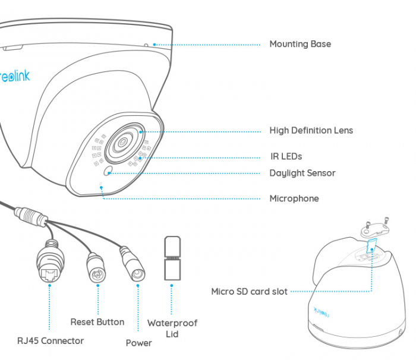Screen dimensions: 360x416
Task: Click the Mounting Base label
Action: click(x=300, y=44)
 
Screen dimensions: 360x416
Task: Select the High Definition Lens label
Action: click(x=311, y=131)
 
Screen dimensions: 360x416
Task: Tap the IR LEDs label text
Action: click(x=285, y=157)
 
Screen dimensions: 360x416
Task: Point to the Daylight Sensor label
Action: click(x=302, y=173)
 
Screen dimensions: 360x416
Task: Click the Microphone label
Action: click(x=294, y=199)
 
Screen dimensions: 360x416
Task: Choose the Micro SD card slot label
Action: click(x=249, y=292)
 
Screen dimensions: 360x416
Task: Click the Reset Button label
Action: click(x=97, y=322)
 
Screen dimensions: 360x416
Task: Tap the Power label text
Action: click(x=138, y=343)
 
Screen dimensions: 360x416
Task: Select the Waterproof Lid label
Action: click(x=172, y=329)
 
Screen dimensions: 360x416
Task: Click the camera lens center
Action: click(x=124, y=143)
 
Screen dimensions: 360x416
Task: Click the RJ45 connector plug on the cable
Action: click(x=50, y=264)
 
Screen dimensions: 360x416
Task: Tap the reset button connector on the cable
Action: click(x=96, y=267)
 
